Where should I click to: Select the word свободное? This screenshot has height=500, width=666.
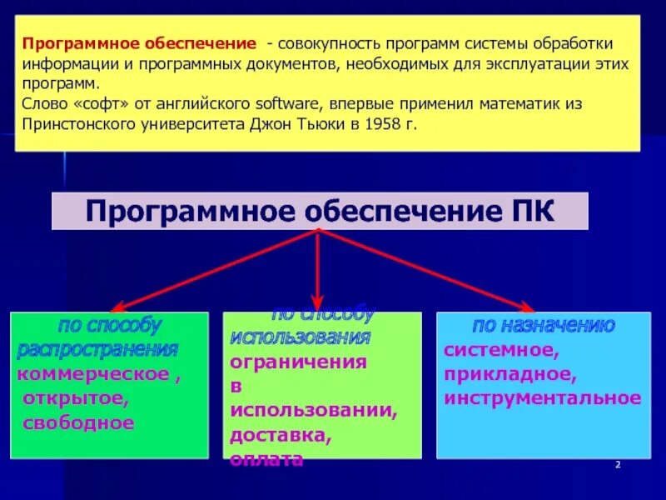tap(78, 422)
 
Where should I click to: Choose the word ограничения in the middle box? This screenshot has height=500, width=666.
tap(298, 362)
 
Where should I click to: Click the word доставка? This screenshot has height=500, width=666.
tap(280, 435)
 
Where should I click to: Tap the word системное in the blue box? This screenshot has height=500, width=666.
tap(495, 350)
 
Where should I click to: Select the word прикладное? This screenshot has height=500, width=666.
tap(509, 374)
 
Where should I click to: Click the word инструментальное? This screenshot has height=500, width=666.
tap(542, 398)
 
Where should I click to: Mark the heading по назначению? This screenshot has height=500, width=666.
tap(544, 326)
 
